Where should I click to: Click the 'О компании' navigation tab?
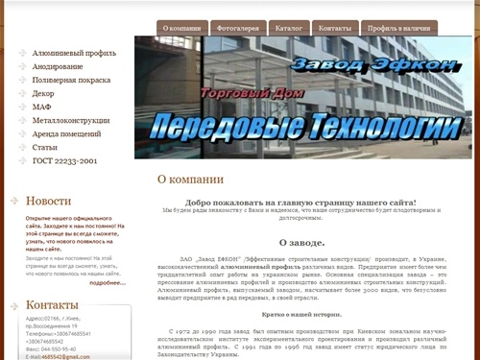(x=181, y=29)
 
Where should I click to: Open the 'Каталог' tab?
(x=289, y=29)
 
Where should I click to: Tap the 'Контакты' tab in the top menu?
(x=334, y=29)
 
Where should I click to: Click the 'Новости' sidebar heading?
(x=48, y=201)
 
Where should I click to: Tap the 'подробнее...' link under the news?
(x=108, y=282)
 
